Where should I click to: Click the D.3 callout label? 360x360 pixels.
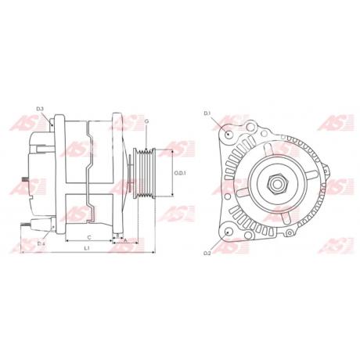pos(40,108)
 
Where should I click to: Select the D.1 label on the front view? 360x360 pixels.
pos(208,115)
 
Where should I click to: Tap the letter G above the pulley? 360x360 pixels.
pos(146,121)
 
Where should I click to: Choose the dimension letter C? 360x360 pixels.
pos(89,236)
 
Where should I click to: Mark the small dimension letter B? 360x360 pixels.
pos(117,234)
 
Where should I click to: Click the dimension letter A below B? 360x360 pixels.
pos(125,241)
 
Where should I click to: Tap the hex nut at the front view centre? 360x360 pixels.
pos(277,185)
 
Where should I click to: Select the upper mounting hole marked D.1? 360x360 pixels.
pos(228,134)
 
